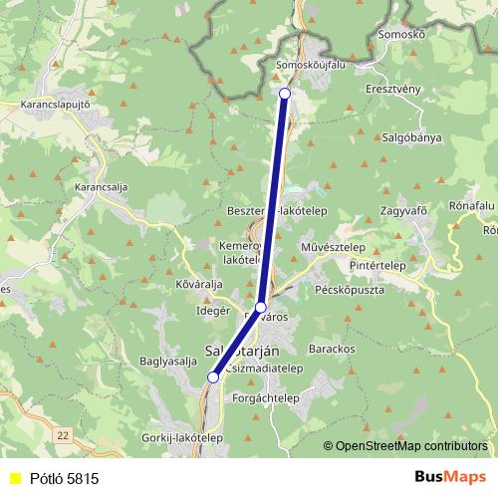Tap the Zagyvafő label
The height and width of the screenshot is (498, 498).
click(x=403, y=212)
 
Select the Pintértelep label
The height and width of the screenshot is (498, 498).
click(x=404, y=268)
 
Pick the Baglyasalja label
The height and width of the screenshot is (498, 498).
click(x=166, y=361)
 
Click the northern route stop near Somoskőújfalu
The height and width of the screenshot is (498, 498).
click(x=285, y=93)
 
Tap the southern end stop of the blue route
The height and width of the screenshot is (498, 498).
click(x=213, y=376)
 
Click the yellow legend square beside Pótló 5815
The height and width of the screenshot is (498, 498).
click(x=15, y=478)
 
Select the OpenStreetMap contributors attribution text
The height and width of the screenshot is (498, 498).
click(x=411, y=446)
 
